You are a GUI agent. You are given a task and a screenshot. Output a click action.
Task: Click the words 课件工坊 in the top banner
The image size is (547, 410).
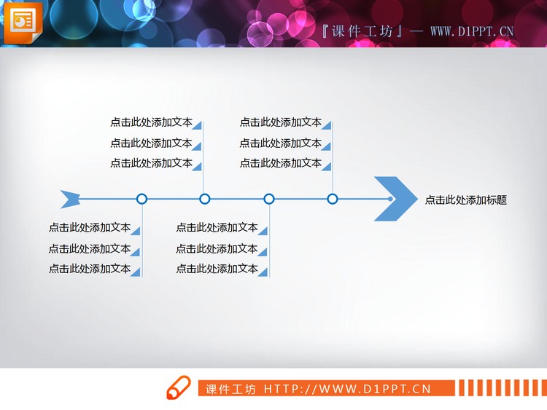[x=362, y=31]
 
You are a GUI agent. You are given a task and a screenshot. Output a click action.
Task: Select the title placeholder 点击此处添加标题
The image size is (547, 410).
[x=465, y=200]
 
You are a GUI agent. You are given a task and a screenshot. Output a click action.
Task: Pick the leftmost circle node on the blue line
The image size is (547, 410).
[x=142, y=199]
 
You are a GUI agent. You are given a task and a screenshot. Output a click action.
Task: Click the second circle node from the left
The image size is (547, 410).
[x=205, y=199]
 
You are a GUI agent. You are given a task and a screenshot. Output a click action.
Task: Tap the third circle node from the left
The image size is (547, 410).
[x=269, y=199]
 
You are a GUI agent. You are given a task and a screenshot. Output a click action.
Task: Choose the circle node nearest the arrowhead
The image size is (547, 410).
[x=333, y=199]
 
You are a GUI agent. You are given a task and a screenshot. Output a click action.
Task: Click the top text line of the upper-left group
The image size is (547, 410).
[x=151, y=122]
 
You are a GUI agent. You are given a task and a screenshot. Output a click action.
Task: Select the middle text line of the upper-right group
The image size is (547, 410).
[x=280, y=143]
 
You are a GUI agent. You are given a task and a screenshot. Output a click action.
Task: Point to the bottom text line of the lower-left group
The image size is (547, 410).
[x=89, y=269]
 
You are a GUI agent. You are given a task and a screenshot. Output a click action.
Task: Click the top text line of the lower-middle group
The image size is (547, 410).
[x=217, y=228]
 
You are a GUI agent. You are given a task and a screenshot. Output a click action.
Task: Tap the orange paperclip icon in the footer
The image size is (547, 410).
[x=179, y=388]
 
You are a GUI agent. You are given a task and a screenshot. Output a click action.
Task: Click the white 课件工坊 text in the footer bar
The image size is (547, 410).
[x=230, y=389]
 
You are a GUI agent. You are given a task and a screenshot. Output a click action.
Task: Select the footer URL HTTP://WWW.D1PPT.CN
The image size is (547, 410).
[x=348, y=389]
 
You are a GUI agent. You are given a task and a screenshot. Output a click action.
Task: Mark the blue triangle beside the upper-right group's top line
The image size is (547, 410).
[x=327, y=125]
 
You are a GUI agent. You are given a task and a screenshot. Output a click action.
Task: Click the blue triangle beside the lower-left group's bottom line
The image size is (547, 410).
[x=136, y=272]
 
